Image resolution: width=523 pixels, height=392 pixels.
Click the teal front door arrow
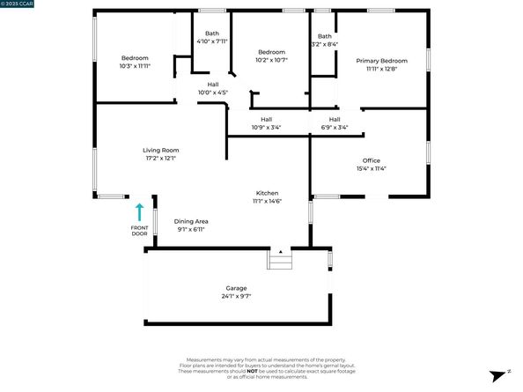pyautogui.click(x=139, y=211)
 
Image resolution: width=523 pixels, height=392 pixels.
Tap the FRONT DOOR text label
pyautogui.click(x=139, y=231)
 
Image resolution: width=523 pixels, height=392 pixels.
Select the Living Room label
pyautogui.click(x=161, y=151)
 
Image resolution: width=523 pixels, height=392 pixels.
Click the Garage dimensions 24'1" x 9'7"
pyautogui.click(x=235, y=296)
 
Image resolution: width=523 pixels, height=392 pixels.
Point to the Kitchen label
pyautogui.click(x=267, y=193)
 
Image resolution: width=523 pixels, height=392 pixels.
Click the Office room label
pyautogui.click(x=371, y=160)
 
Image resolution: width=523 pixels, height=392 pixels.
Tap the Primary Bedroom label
pyautogui.click(x=377, y=61)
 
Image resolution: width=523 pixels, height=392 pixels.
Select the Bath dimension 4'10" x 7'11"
pyautogui.click(x=212, y=41)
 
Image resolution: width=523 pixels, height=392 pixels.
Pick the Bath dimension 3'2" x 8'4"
pyautogui.click(x=324, y=43)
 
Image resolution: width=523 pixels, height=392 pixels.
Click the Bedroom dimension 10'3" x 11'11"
pyautogui.click(x=135, y=65)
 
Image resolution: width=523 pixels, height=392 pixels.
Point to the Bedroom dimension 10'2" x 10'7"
pyautogui.click(x=272, y=61)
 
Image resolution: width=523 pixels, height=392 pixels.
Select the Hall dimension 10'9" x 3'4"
pyautogui.click(x=266, y=127)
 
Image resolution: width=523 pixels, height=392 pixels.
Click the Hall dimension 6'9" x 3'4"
pyautogui.click(x=335, y=127)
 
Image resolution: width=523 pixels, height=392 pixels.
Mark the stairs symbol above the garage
pyautogui.click(x=280, y=259)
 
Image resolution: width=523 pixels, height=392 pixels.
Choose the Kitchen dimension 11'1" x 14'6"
pyautogui.click(x=267, y=201)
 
